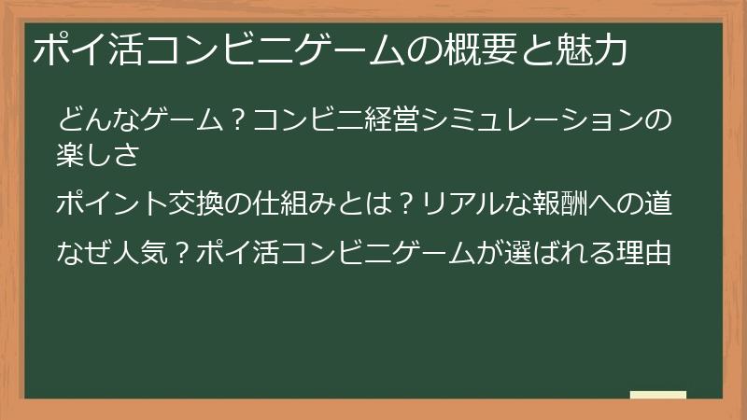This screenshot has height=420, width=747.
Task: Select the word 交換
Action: [201, 203]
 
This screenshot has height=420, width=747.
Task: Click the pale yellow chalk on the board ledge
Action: [658, 395]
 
